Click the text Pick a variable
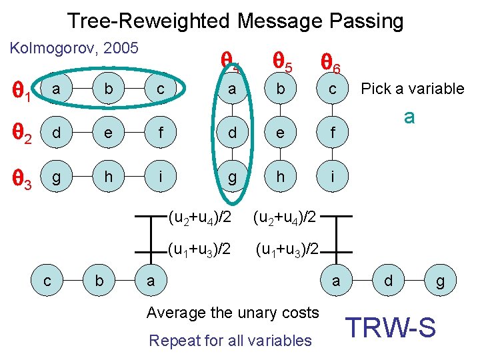[x=412, y=89]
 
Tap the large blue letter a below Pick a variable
[x=409, y=117]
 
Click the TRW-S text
[x=391, y=327]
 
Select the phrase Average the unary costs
[x=233, y=312]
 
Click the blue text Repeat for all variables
[x=230, y=341]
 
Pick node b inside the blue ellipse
[x=103, y=89]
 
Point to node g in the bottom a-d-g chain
[x=440, y=281]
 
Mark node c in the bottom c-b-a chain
[x=49, y=281]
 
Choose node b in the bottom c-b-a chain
[x=99, y=281]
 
